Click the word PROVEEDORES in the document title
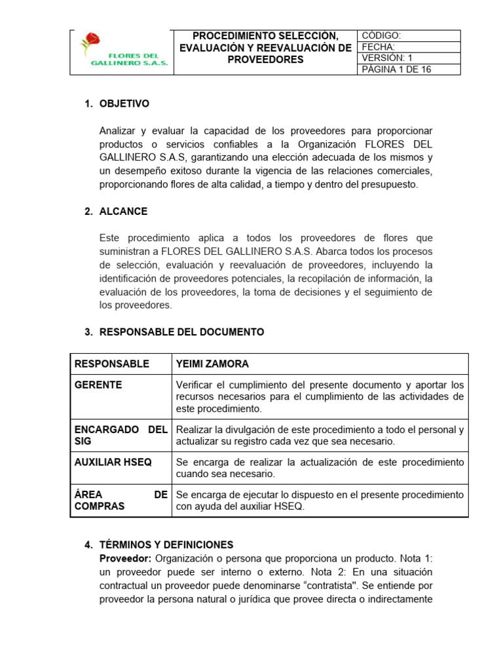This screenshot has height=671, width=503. [265, 60]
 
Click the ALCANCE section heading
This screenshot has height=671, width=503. [123, 212]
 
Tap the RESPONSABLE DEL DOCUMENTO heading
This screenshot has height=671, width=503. [181, 332]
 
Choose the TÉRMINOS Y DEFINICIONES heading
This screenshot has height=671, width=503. [166, 545]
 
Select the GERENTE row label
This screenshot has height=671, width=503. [98, 385]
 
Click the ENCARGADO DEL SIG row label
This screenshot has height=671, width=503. [121, 436]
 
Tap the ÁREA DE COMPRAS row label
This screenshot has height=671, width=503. [121, 501]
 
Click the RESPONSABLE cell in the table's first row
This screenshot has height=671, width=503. [112, 364]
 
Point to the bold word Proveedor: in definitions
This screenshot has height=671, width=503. [125, 558]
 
